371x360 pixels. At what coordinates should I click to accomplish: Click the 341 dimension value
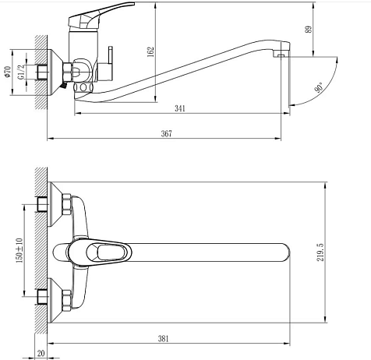pyautogui.click(x=180, y=108)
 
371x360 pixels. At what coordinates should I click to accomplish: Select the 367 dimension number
pyautogui.click(x=167, y=133)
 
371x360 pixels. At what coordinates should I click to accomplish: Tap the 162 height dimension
pyautogui.click(x=150, y=52)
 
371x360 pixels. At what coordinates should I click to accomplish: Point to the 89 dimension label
pyautogui.click(x=309, y=30)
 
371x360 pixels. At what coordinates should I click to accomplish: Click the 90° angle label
pyautogui.click(x=319, y=87)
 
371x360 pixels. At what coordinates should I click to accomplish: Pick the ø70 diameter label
pyautogui.click(x=8, y=72)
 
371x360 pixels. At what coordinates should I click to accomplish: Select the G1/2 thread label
pyautogui.click(x=21, y=72)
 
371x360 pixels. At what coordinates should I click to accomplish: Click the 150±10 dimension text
pyautogui.click(x=19, y=250)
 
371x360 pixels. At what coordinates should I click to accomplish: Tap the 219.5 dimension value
pyautogui.click(x=320, y=252)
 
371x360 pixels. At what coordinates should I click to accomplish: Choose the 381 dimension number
pyautogui.click(x=163, y=339)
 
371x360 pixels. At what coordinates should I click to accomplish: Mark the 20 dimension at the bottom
pyautogui.click(x=41, y=353)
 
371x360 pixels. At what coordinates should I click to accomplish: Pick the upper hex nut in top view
pyautogui.click(x=66, y=204)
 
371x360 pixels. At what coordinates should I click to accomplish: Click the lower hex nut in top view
pyautogui.click(x=66, y=301)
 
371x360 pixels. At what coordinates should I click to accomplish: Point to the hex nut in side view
pyautogui.click(x=67, y=72)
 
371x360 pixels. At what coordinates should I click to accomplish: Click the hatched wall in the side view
pyautogui.click(x=41, y=72)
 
